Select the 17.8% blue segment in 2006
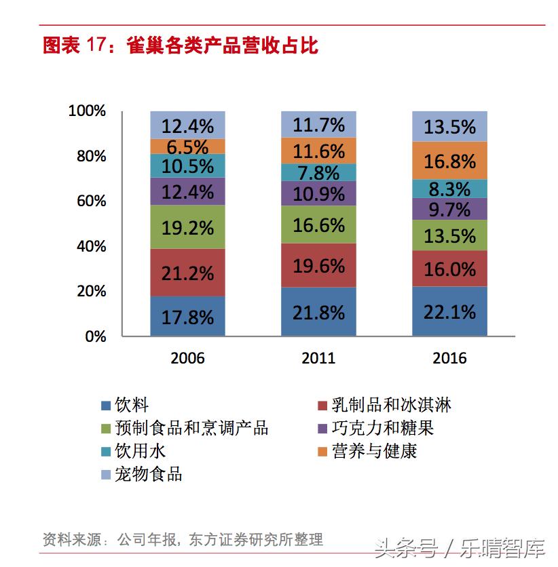tap(187, 316)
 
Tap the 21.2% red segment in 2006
tap(187, 273)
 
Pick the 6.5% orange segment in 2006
tap(187, 146)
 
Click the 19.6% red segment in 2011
tap(318, 265)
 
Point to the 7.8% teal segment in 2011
tap(318, 172)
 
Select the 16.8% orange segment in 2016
tap(449, 161)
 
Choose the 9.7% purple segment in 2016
tap(449, 209)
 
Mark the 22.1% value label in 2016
tap(449, 312)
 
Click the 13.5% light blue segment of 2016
tap(449, 126)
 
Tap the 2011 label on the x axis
tap(318, 357)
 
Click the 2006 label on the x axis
tap(187, 357)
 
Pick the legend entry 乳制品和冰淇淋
tap(391, 406)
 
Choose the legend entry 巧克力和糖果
tap(382, 428)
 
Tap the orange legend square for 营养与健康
tap(323, 451)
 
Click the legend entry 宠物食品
tap(149, 473)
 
